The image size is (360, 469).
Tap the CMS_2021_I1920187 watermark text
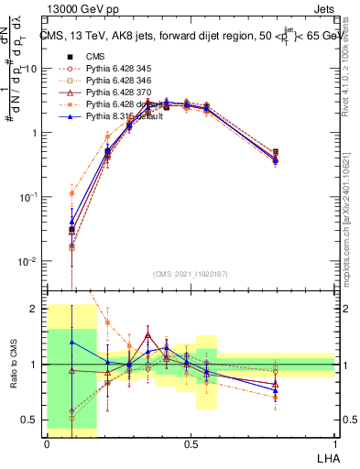191,273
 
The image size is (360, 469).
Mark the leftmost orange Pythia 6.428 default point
72,193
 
